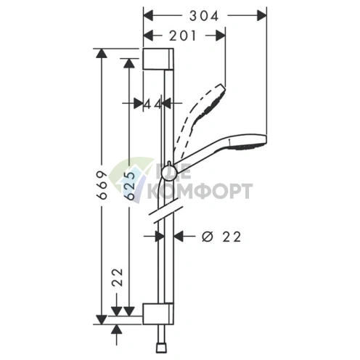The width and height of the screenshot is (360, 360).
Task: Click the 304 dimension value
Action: click(x=204, y=16)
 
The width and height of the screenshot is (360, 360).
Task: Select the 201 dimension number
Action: click(x=182, y=36)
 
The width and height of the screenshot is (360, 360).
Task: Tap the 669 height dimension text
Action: click(x=102, y=185)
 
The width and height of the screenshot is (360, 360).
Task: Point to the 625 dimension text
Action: click(x=129, y=186)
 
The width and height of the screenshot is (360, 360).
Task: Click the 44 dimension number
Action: click(x=152, y=105)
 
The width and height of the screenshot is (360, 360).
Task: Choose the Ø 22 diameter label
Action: click(x=221, y=237)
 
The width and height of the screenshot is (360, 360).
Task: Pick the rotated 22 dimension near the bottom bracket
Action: click(x=118, y=277)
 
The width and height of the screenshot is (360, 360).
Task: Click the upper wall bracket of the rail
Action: click(x=158, y=59)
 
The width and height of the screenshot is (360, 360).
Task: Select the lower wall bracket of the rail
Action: click(x=158, y=314)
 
